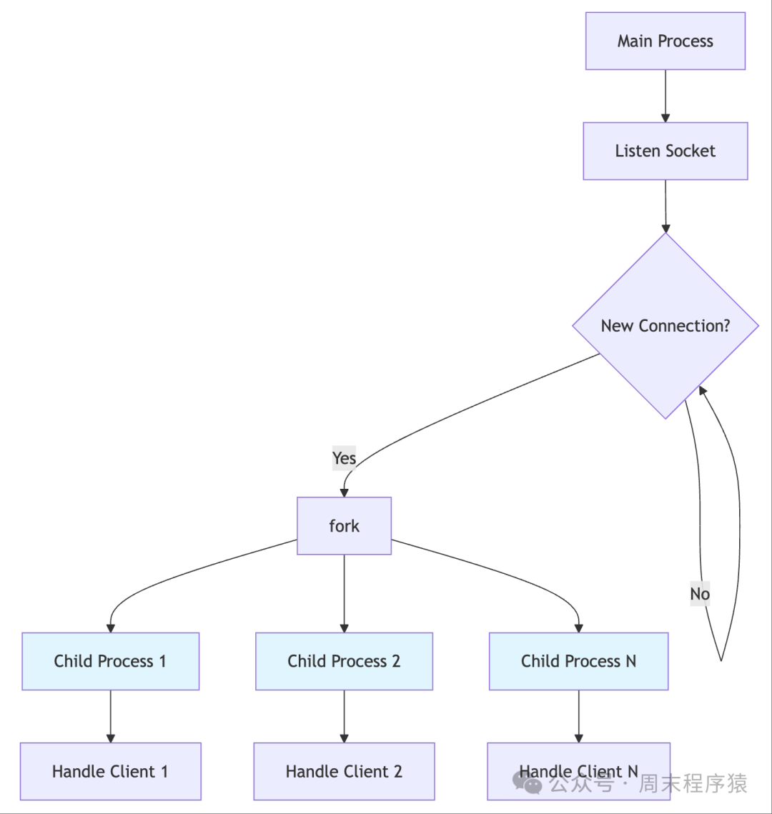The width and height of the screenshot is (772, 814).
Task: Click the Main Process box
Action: click(665, 41)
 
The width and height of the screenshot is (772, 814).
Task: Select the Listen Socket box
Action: click(665, 151)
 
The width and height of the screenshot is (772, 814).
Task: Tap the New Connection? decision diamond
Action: click(665, 326)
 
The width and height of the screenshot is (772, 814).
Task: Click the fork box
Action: click(344, 526)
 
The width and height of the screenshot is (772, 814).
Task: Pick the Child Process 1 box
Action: click(110, 661)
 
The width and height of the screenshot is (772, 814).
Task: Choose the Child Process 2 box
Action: click(344, 661)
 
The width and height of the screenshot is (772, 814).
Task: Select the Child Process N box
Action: click(578, 661)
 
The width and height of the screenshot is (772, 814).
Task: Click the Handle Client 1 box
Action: click(110, 771)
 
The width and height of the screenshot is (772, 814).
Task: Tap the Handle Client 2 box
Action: click(344, 771)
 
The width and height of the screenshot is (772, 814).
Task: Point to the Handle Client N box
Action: click(578, 771)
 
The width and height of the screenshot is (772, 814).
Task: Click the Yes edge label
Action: click(344, 457)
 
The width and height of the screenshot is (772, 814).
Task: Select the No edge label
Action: click(700, 594)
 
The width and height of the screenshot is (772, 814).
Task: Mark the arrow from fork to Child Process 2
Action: click(344, 593)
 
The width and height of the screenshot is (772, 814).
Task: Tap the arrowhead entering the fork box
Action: click(344, 492)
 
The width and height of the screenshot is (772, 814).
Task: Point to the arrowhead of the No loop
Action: click(703, 389)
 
